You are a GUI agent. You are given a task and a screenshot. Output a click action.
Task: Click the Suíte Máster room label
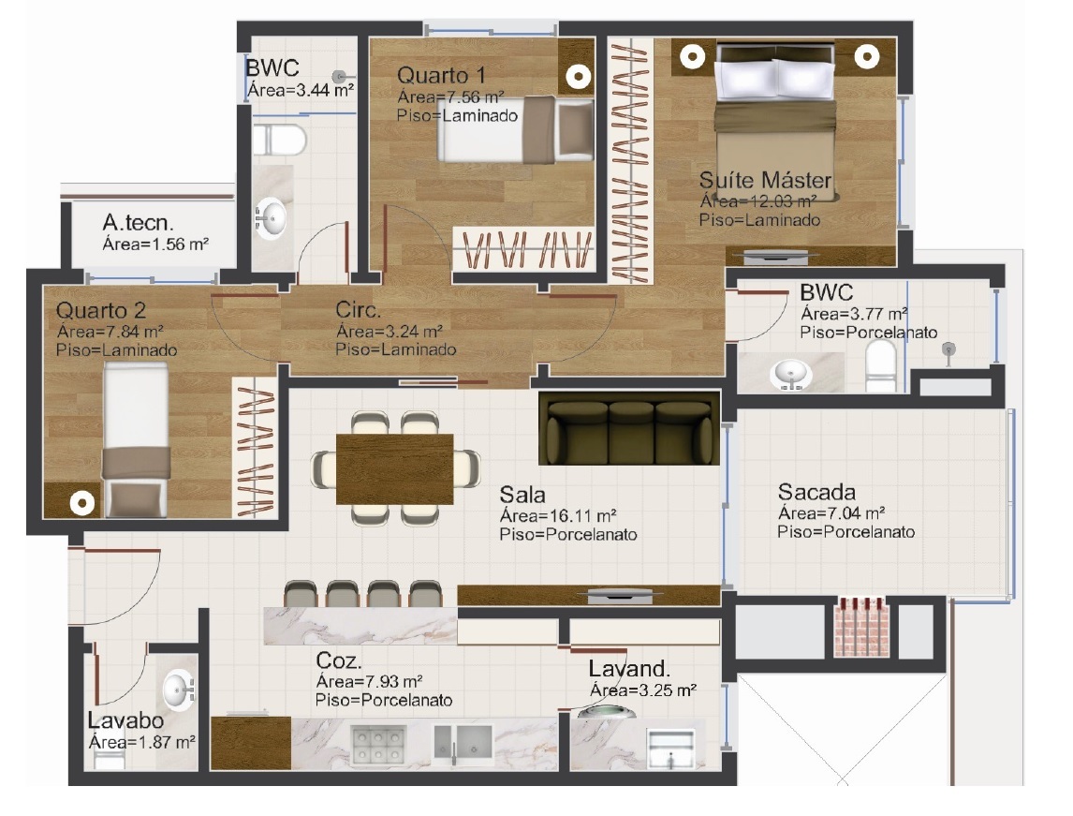(765, 181)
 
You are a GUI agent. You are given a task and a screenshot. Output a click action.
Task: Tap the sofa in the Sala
(629, 428)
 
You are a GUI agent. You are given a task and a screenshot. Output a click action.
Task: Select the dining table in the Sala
(395, 469)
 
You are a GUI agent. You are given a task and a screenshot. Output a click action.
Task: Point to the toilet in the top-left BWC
(278, 140)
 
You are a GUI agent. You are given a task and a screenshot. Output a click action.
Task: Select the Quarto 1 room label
(441, 75)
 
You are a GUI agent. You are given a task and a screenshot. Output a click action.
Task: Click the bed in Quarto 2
(136, 439)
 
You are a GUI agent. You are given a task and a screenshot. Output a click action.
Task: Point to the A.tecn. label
(139, 222)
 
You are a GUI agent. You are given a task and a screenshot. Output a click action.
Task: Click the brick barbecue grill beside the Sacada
(861, 627)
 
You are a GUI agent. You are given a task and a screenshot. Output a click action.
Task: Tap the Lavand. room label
(629, 669)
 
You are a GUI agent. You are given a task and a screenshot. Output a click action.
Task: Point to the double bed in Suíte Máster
(774, 122)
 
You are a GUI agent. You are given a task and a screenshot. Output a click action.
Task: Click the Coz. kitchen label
(339, 660)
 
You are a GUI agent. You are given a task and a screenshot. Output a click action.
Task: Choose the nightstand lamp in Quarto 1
(579, 77)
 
